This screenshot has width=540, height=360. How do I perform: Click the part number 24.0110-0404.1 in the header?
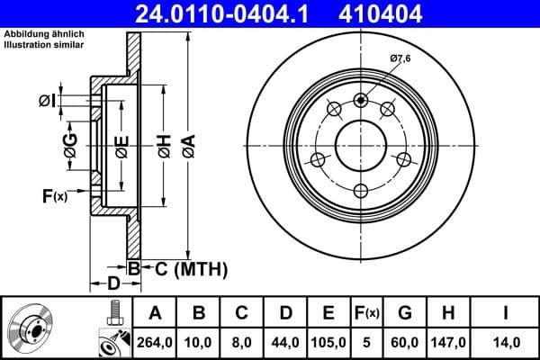[231, 13]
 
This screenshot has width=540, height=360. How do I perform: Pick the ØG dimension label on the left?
[70, 142]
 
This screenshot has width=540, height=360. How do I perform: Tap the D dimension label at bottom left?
[113, 285]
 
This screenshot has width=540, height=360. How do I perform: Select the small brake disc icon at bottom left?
[31, 328]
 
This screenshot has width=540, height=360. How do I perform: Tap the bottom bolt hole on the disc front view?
[361, 190]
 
